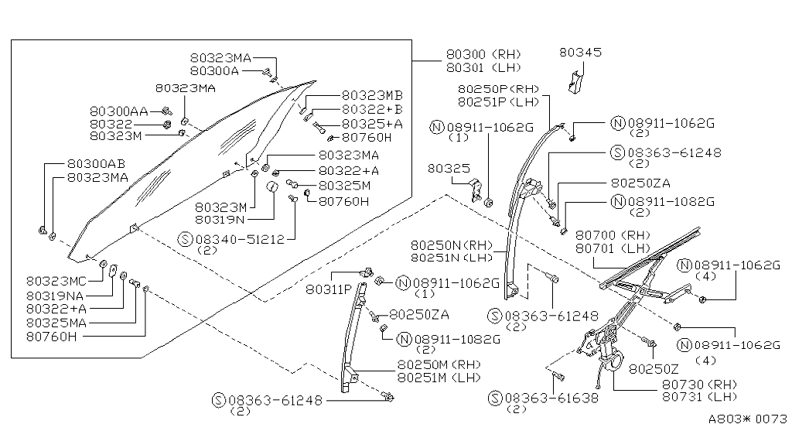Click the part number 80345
click(580, 53)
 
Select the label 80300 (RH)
click(483, 55)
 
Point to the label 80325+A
click(372, 124)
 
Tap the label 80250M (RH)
click(439, 364)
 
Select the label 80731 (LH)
click(699, 396)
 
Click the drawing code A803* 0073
click(747, 416)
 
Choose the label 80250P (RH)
click(498, 89)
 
